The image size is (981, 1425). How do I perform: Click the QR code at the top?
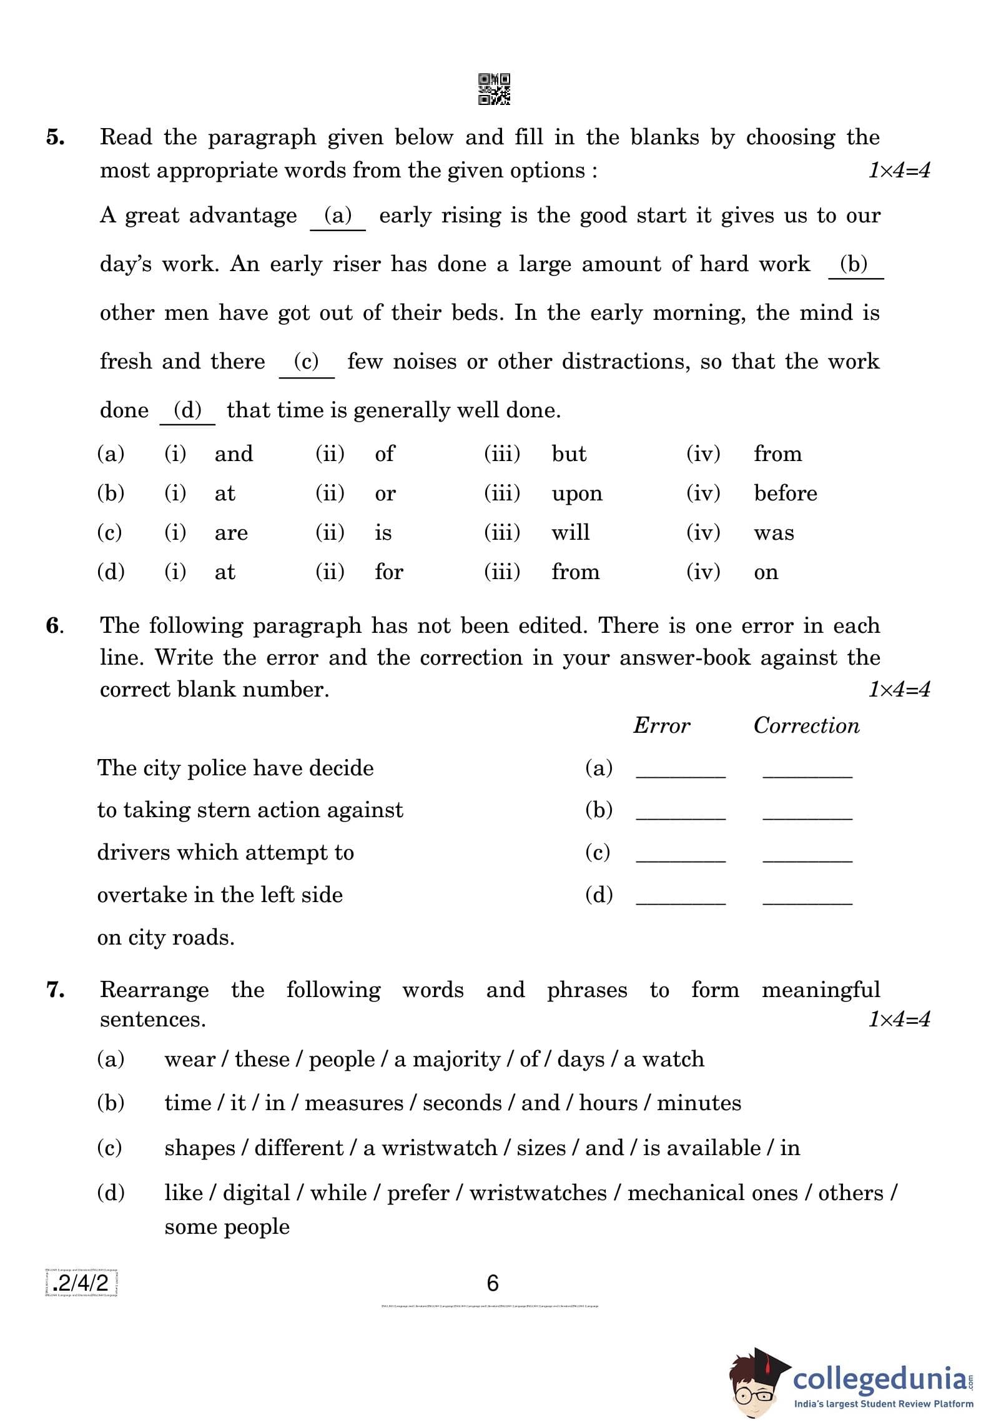(x=494, y=89)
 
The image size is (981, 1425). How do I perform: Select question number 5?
(x=55, y=137)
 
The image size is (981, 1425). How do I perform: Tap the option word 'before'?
(x=785, y=494)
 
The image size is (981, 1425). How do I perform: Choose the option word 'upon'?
(x=576, y=494)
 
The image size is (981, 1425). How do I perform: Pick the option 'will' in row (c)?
(x=570, y=532)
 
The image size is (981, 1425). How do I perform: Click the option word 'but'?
(x=568, y=454)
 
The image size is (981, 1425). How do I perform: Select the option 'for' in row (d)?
(x=388, y=572)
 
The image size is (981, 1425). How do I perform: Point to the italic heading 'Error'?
(x=661, y=725)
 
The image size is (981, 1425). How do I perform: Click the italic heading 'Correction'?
(x=806, y=725)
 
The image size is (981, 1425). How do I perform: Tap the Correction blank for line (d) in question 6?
(x=807, y=901)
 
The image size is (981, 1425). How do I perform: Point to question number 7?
(x=56, y=990)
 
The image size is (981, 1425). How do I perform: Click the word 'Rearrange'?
(x=154, y=990)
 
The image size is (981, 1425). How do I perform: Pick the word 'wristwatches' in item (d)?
(x=538, y=1193)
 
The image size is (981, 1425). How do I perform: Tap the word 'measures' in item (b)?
(x=353, y=1103)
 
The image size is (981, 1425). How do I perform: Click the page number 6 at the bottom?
(x=493, y=1283)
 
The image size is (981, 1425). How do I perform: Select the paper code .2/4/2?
(x=81, y=1283)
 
